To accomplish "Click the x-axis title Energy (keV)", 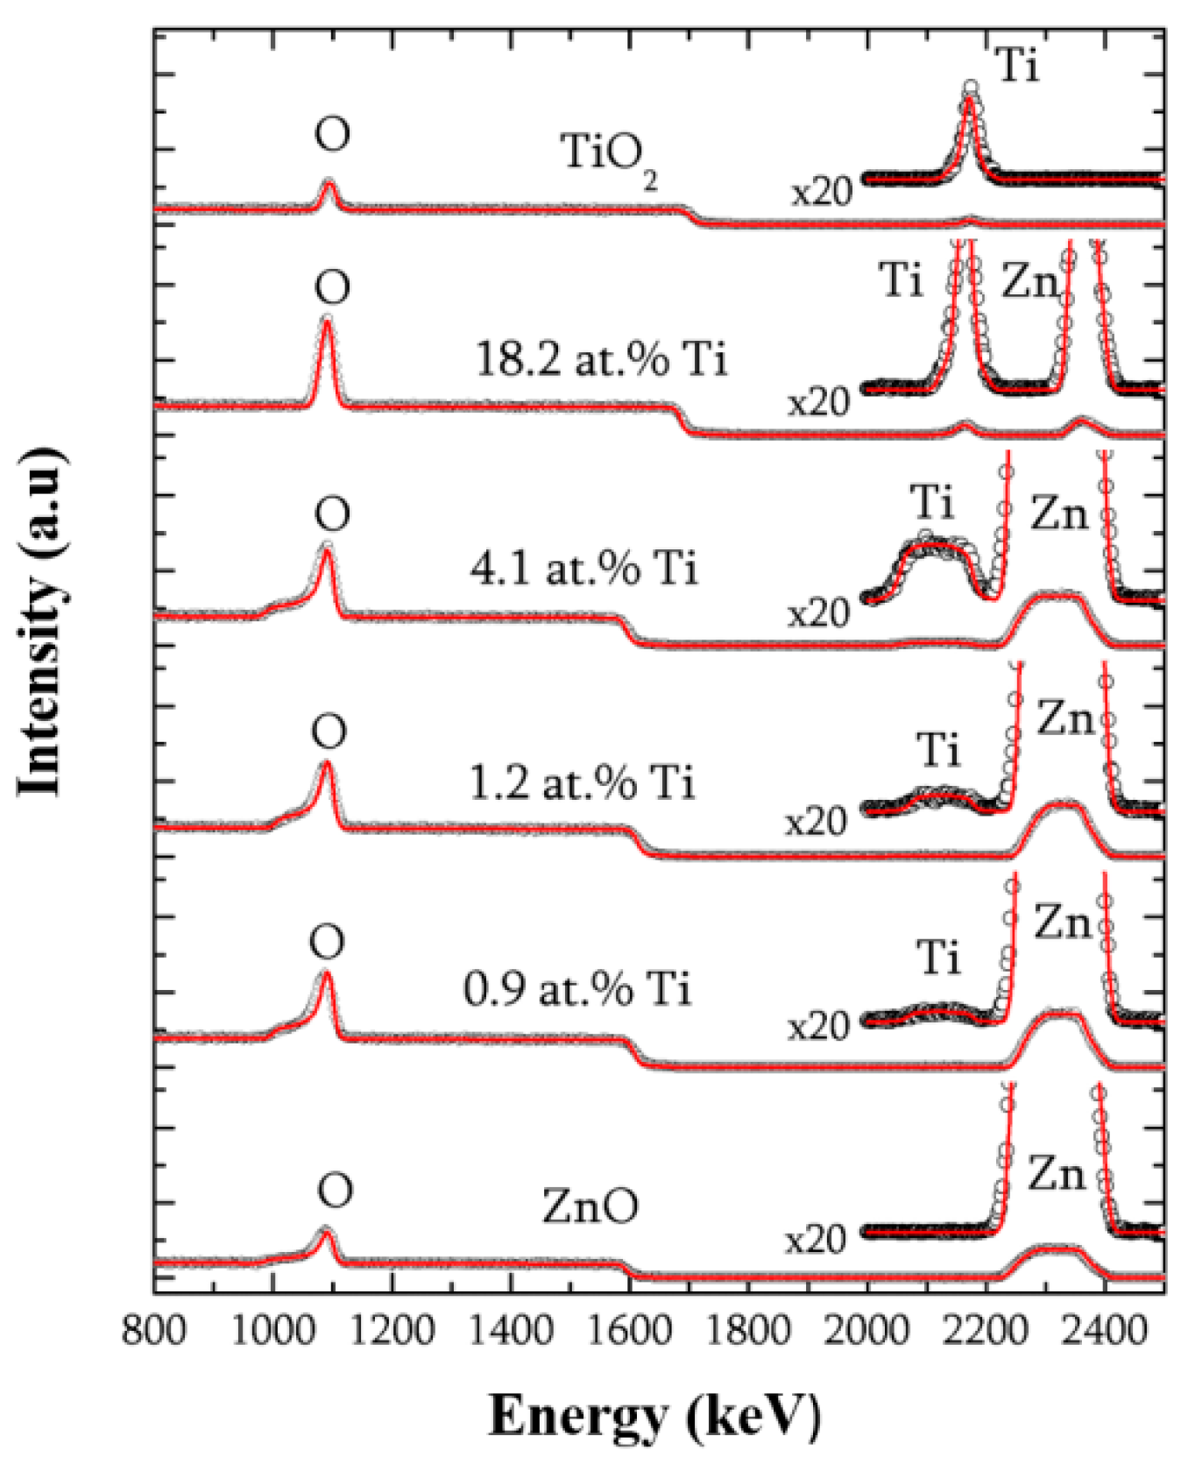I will [x=654, y=1417].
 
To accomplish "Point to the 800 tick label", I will [x=154, y=1331].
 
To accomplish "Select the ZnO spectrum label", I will [x=590, y=1206].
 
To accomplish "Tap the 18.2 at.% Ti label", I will [x=601, y=359].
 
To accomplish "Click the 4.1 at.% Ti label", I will [x=584, y=569].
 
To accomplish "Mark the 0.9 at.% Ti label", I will [x=577, y=990].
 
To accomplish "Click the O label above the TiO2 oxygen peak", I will [x=332, y=134].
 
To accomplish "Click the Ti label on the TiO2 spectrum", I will [x=1017, y=66].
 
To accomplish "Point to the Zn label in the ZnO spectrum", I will [x=1056, y=1173].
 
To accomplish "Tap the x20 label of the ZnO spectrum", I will [x=816, y=1240].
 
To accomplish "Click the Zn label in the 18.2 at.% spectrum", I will [x=1030, y=282].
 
